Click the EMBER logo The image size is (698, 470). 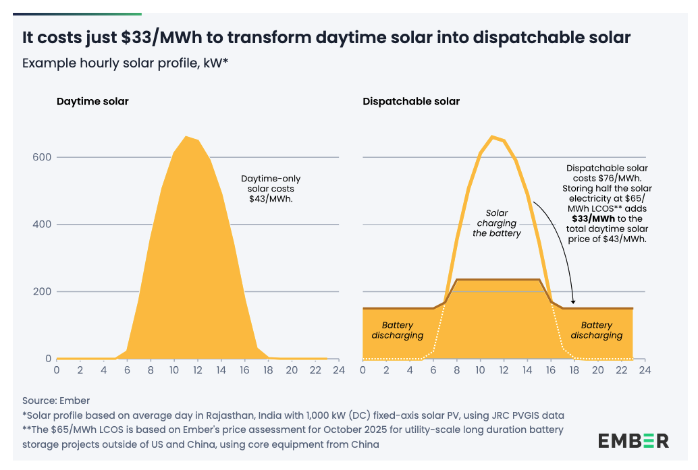(633, 441)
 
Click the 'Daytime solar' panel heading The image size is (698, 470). (92, 102)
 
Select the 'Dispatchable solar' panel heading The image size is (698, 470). (411, 102)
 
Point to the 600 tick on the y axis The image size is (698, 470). (43, 157)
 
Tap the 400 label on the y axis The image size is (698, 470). (43, 225)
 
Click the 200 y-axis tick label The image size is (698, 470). (43, 292)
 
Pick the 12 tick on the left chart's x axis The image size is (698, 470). (198, 370)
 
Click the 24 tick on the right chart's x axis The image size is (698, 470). (645, 370)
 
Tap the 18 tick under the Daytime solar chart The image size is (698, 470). (268, 370)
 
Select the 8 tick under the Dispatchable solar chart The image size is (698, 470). (457, 370)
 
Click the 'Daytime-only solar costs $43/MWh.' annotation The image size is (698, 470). (271, 189)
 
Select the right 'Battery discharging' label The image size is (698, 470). (597, 330)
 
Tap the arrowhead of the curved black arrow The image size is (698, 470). (573, 305)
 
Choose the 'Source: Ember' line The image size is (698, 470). (56, 401)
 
